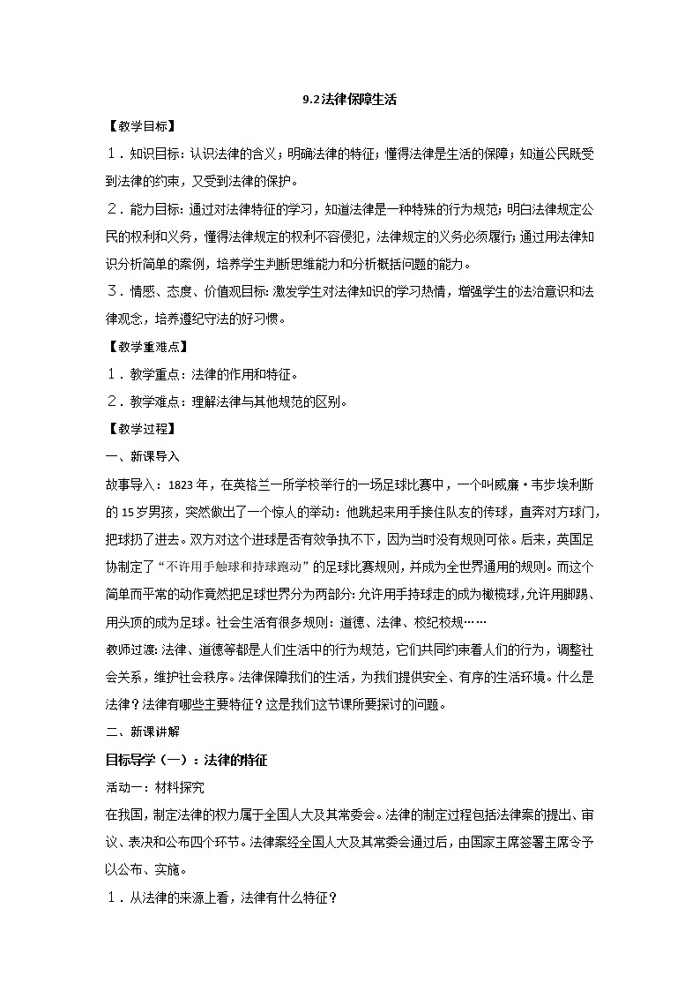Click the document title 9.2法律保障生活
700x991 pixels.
click(x=349, y=100)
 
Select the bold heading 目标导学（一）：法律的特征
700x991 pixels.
click(x=186, y=759)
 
